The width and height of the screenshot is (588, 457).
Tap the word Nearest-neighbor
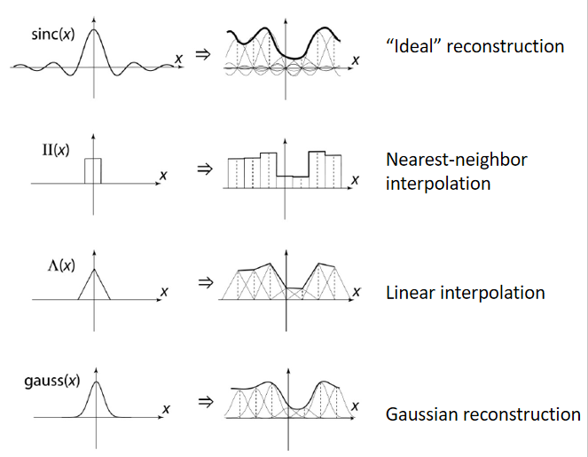[457, 160]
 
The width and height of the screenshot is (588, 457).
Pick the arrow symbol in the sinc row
[203, 52]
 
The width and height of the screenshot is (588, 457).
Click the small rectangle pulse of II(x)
[93, 170]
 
